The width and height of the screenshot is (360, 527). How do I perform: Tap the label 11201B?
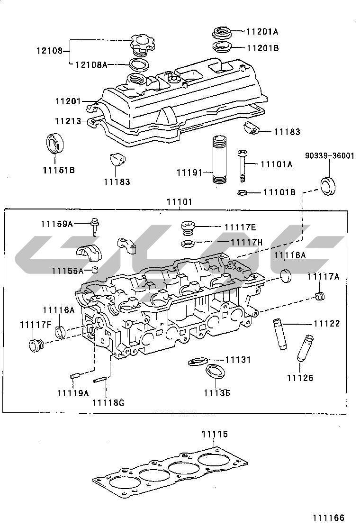(x=262, y=48)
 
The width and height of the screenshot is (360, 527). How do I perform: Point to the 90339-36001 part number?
(x=329, y=156)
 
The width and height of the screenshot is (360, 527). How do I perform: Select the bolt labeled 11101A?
(x=243, y=164)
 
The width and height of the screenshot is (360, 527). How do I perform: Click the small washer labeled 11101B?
(x=241, y=193)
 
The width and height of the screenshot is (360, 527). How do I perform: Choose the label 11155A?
(x=68, y=271)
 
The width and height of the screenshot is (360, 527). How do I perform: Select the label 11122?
(x=327, y=324)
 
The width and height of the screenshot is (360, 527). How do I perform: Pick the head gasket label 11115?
(x=215, y=434)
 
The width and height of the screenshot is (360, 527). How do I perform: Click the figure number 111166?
(x=328, y=518)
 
